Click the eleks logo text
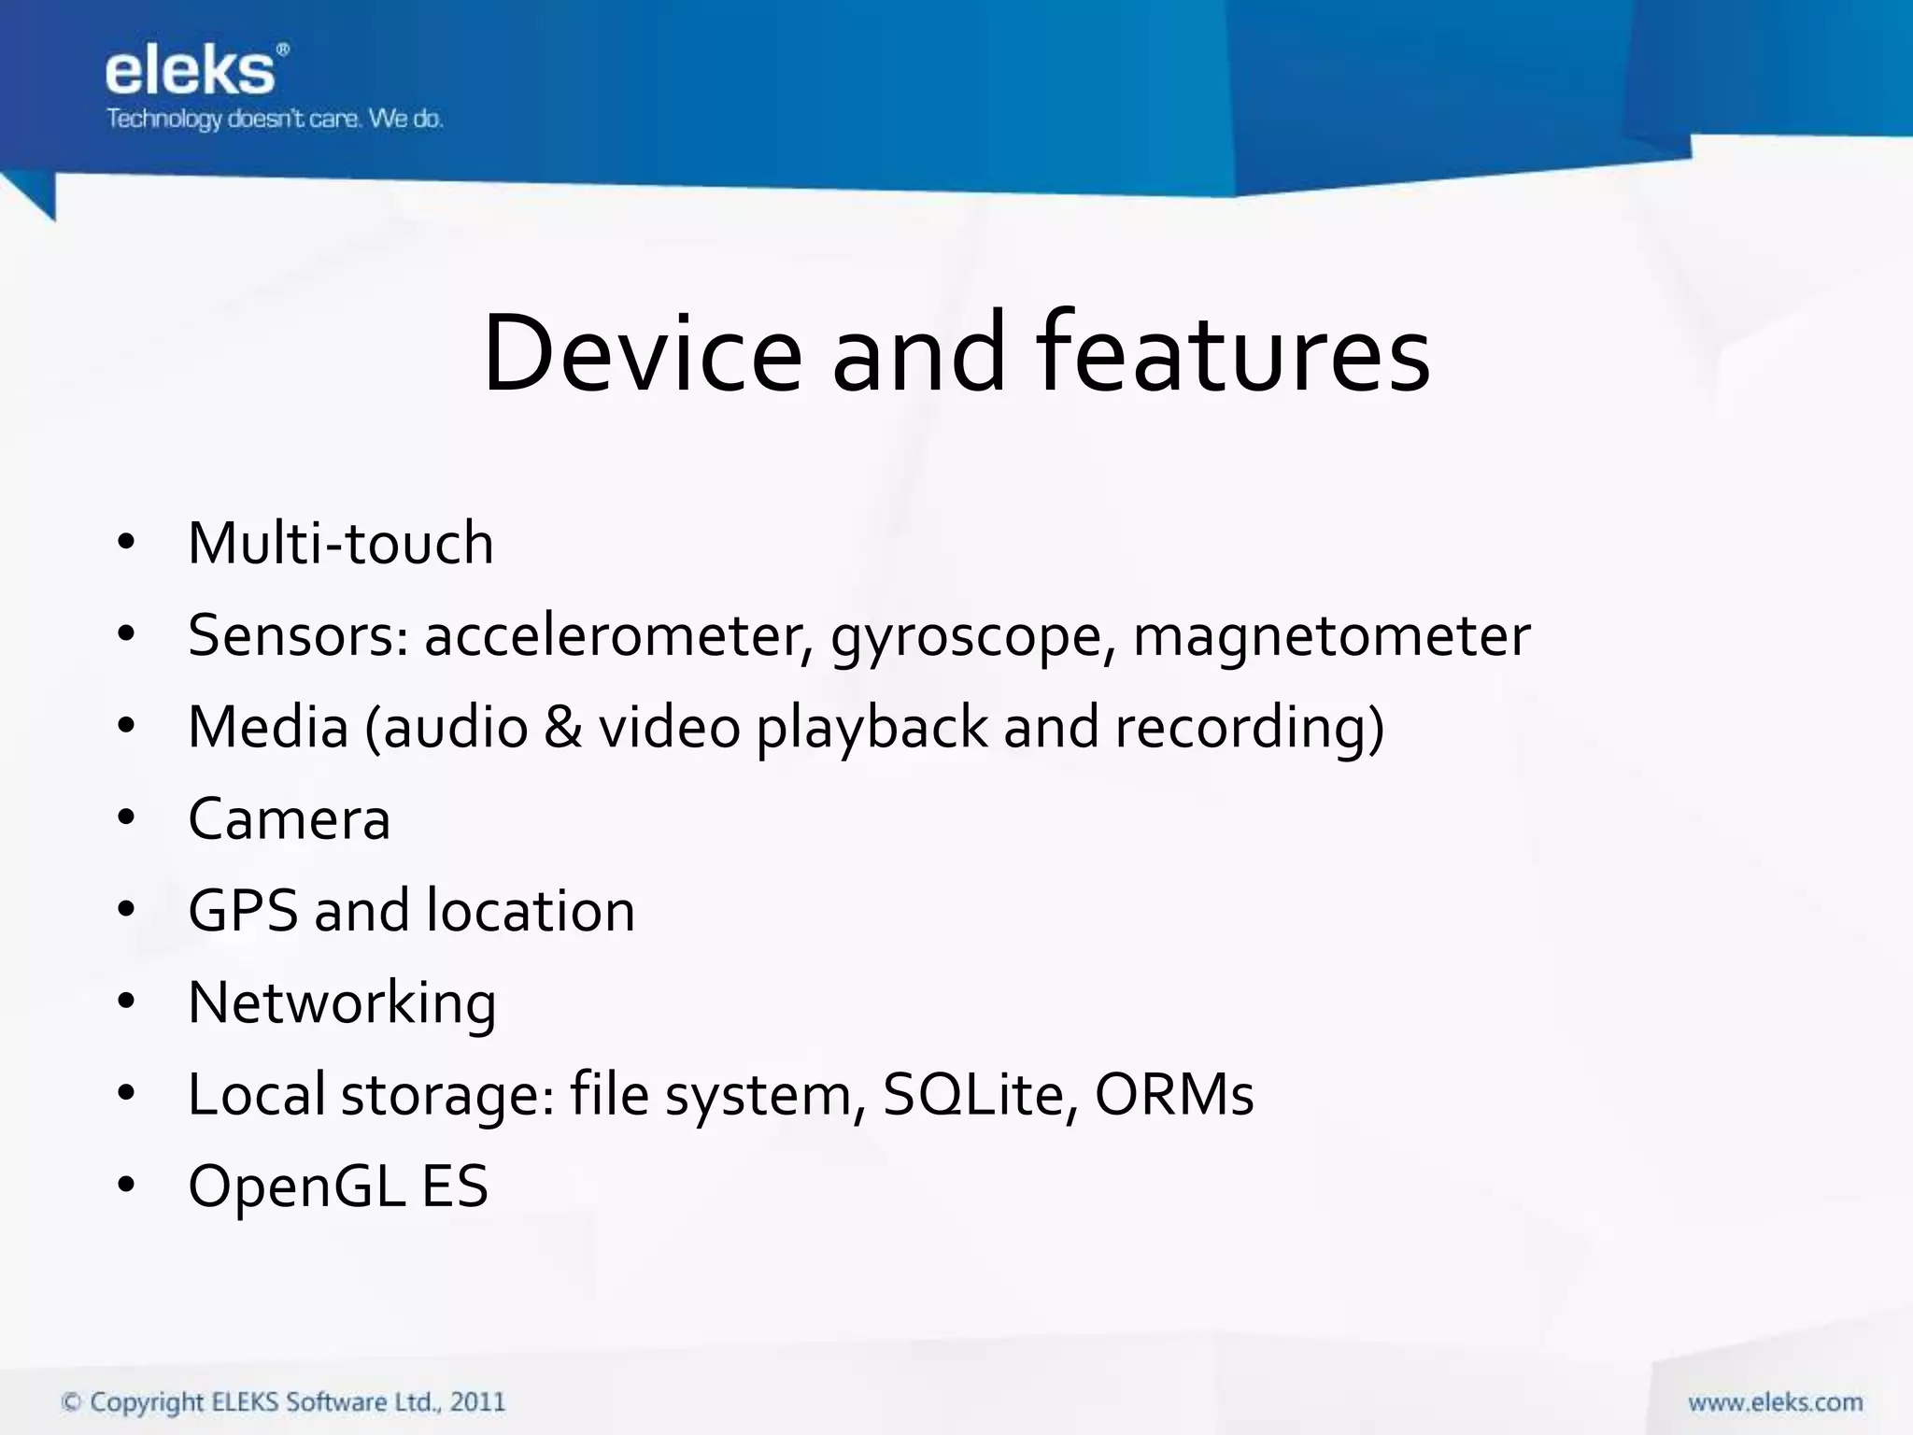[191, 71]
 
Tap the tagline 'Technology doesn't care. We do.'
[274, 120]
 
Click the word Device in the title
[642, 354]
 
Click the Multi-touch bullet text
[340, 543]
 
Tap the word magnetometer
[1331, 636]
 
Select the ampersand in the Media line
[562, 727]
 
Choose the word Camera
[289, 819]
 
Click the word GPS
[243, 911]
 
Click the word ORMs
[1173, 1095]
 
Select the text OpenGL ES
[338, 1186]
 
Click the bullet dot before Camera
[127, 817]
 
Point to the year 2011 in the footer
[477, 1402]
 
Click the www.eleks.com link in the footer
[1775, 1402]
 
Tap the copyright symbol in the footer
[71, 1402]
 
